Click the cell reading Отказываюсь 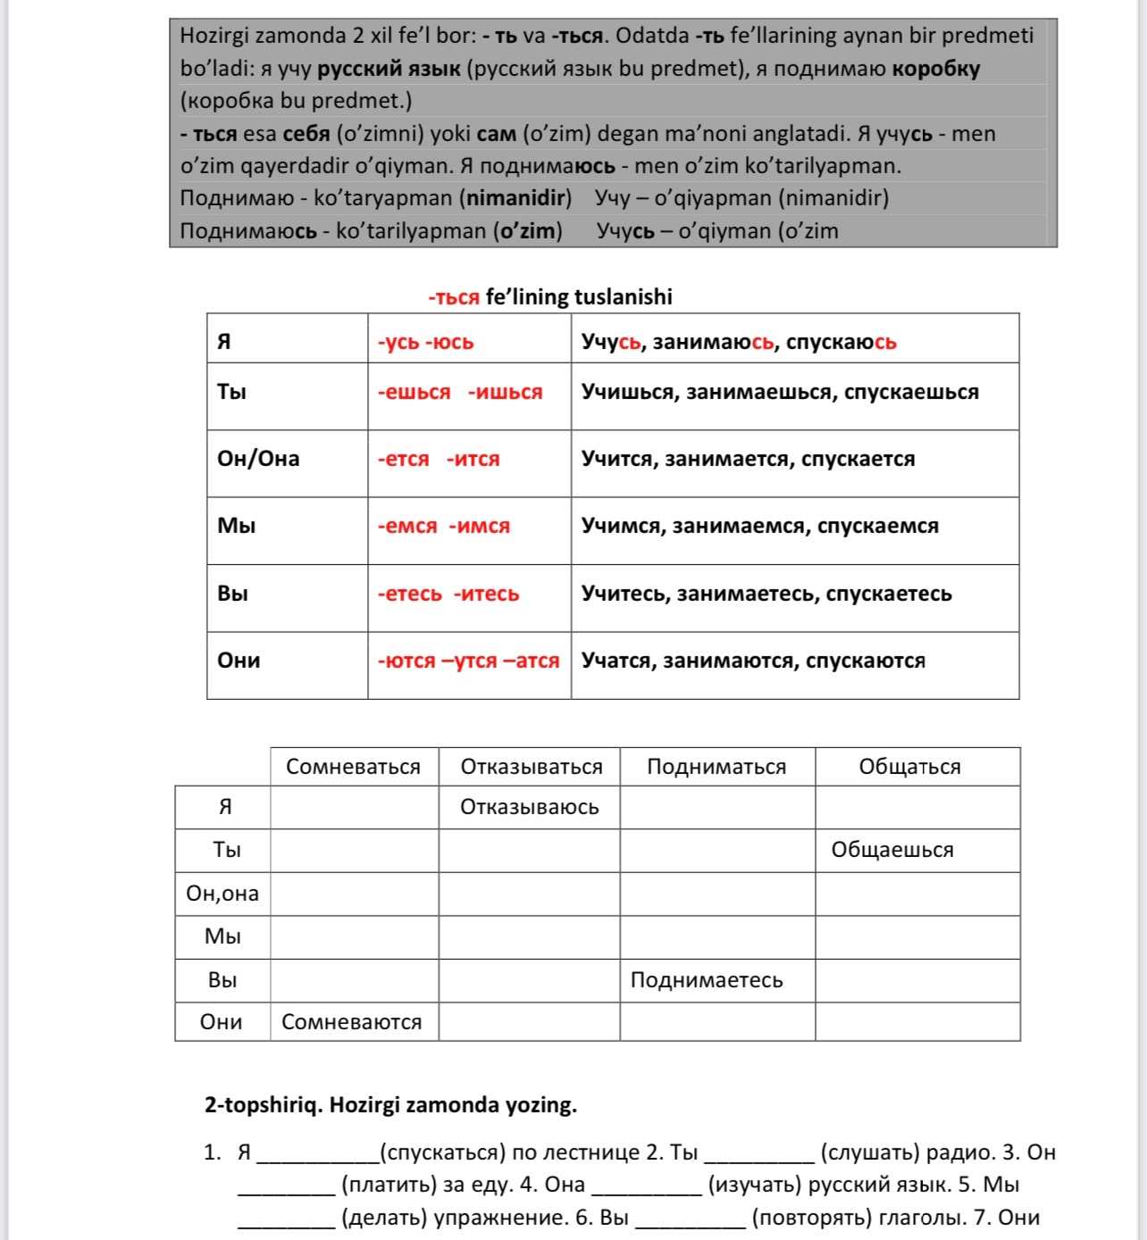coord(529,807)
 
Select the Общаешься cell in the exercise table coord(892,850)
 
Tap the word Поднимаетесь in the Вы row coord(706,980)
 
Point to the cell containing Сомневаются coord(351,1022)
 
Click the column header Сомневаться coord(353,767)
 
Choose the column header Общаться coord(909,767)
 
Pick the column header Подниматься coord(716,767)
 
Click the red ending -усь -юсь coord(425,342)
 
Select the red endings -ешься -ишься coord(460,392)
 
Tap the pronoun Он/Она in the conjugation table coord(258,459)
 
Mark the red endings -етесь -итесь coord(448,594)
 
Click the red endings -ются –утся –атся coord(468,661)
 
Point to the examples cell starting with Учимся coord(759,526)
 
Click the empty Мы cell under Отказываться coord(529,936)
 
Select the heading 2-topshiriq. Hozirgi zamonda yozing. coord(390,1104)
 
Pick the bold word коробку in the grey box coord(935,69)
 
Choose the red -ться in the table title coord(454,297)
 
